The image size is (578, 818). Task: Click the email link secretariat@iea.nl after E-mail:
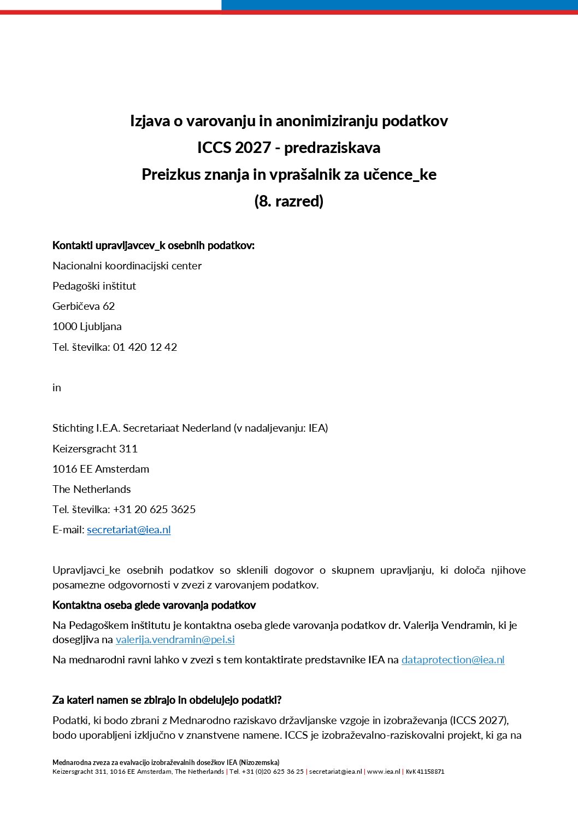(x=129, y=529)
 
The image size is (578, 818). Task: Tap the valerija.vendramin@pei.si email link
(x=175, y=639)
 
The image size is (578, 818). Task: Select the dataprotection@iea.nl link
(x=453, y=660)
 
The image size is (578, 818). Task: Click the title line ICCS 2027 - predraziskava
(x=289, y=148)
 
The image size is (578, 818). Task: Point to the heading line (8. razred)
(x=289, y=201)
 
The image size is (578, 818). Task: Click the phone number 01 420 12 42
(x=145, y=347)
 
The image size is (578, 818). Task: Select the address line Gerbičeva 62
(x=84, y=306)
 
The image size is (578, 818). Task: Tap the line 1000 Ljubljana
(x=87, y=326)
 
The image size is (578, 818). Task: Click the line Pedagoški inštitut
(x=94, y=286)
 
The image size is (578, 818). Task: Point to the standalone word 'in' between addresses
(x=57, y=387)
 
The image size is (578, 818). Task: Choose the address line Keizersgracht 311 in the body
(x=95, y=449)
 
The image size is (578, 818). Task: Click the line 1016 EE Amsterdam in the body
(x=101, y=469)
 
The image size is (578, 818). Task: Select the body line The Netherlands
(x=92, y=489)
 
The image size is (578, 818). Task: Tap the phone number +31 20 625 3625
(x=155, y=509)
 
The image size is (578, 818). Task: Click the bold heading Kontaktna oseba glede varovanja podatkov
(x=154, y=605)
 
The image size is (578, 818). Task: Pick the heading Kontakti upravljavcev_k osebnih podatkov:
(x=154, y=245)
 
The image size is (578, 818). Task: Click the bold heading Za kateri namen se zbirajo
(x=167, y=700)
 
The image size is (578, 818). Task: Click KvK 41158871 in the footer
(x=425, y=772)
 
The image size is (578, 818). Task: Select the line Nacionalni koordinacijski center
(x=127, y=266)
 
